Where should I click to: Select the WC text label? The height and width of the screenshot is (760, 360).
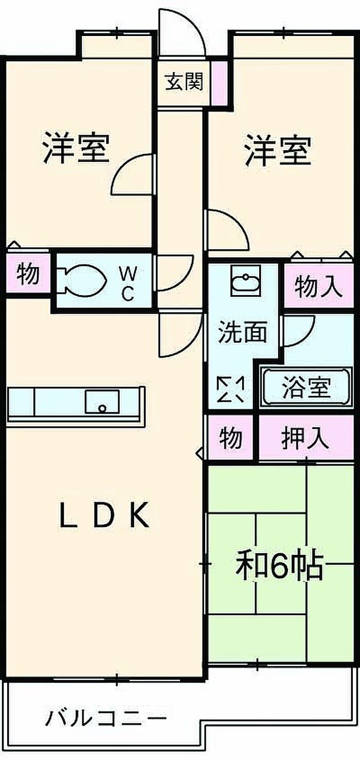(x=127, y=282)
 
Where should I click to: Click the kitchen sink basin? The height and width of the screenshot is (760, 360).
(x=102, y=401)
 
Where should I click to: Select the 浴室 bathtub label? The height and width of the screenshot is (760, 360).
(x=306, y=388)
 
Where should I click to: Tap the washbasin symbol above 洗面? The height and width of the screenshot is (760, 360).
(x=246, y=281)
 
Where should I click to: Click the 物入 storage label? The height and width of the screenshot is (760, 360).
(x=318, y=287)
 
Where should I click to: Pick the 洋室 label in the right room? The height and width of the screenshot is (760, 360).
(x=278, y=150)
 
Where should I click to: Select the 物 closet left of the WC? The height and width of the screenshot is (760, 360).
(x=28, y=274)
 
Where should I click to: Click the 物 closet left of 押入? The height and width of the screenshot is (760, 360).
(x=231, y=438)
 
